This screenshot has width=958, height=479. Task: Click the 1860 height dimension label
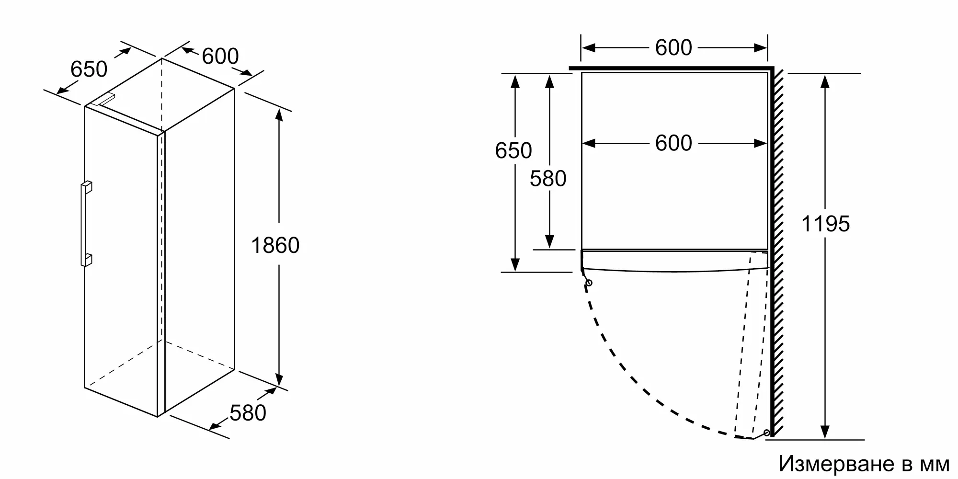[x=275, y=245]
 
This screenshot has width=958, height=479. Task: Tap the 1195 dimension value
[x=825, y=224]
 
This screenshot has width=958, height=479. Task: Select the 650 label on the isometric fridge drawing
[x=89, y=69]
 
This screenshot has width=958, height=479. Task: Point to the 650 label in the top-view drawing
[x=513, y=150]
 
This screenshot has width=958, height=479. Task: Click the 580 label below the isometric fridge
[x=248, y=413]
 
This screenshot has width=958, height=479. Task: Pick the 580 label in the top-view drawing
[x=548, y=179]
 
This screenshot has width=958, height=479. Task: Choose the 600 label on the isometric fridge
[x=220, y=56]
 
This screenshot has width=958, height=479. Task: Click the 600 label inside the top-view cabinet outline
[x=673, y=143]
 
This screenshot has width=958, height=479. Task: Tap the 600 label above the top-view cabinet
[x=673, y=47]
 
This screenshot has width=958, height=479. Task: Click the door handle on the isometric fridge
[x=86, y=223]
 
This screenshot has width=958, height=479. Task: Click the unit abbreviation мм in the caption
[x=935, y=465]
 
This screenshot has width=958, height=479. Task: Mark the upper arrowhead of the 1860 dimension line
[x=279, y=115]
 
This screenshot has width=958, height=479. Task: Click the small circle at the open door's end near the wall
[x=767, y=433]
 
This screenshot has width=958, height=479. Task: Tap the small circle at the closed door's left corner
[x=589, y=283]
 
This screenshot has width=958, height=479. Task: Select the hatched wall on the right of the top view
[x=778, y=251]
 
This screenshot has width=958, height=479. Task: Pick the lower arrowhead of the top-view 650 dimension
[x=515, y=265]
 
